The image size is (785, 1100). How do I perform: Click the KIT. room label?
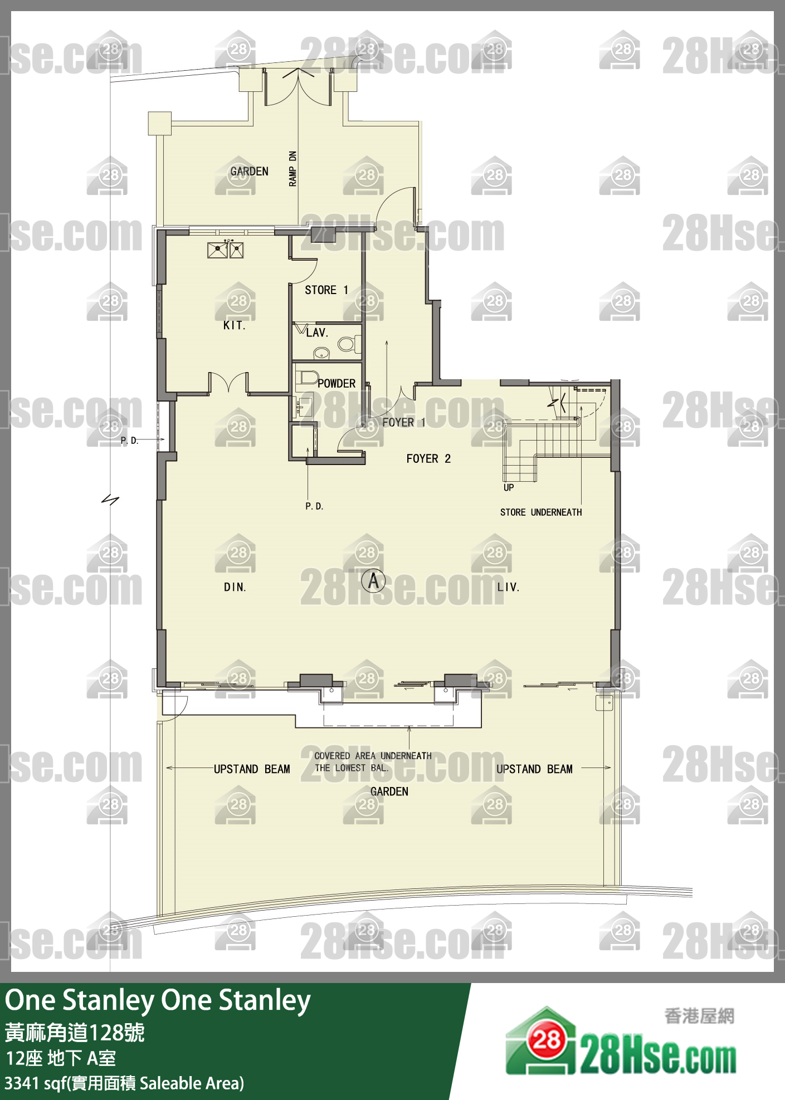234,325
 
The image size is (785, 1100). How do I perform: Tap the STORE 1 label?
326,290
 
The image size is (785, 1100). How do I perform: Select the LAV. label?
317,333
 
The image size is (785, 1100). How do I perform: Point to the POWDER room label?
337,383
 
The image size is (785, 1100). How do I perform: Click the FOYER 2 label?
428,458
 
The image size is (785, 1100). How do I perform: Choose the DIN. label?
235,587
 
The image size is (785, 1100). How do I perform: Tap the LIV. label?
508,587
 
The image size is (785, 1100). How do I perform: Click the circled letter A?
373,581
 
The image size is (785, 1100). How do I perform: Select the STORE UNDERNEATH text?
541,512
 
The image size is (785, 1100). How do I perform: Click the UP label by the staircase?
509,487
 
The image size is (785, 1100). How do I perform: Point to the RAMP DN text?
293,168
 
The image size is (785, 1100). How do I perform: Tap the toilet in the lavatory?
348,344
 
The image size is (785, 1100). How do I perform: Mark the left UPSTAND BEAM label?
252,769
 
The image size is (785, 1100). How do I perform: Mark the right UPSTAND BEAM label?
534,769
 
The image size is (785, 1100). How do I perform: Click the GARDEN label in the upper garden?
250,171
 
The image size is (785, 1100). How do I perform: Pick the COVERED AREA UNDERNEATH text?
373,756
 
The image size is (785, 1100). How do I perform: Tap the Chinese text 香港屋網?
699,1016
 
